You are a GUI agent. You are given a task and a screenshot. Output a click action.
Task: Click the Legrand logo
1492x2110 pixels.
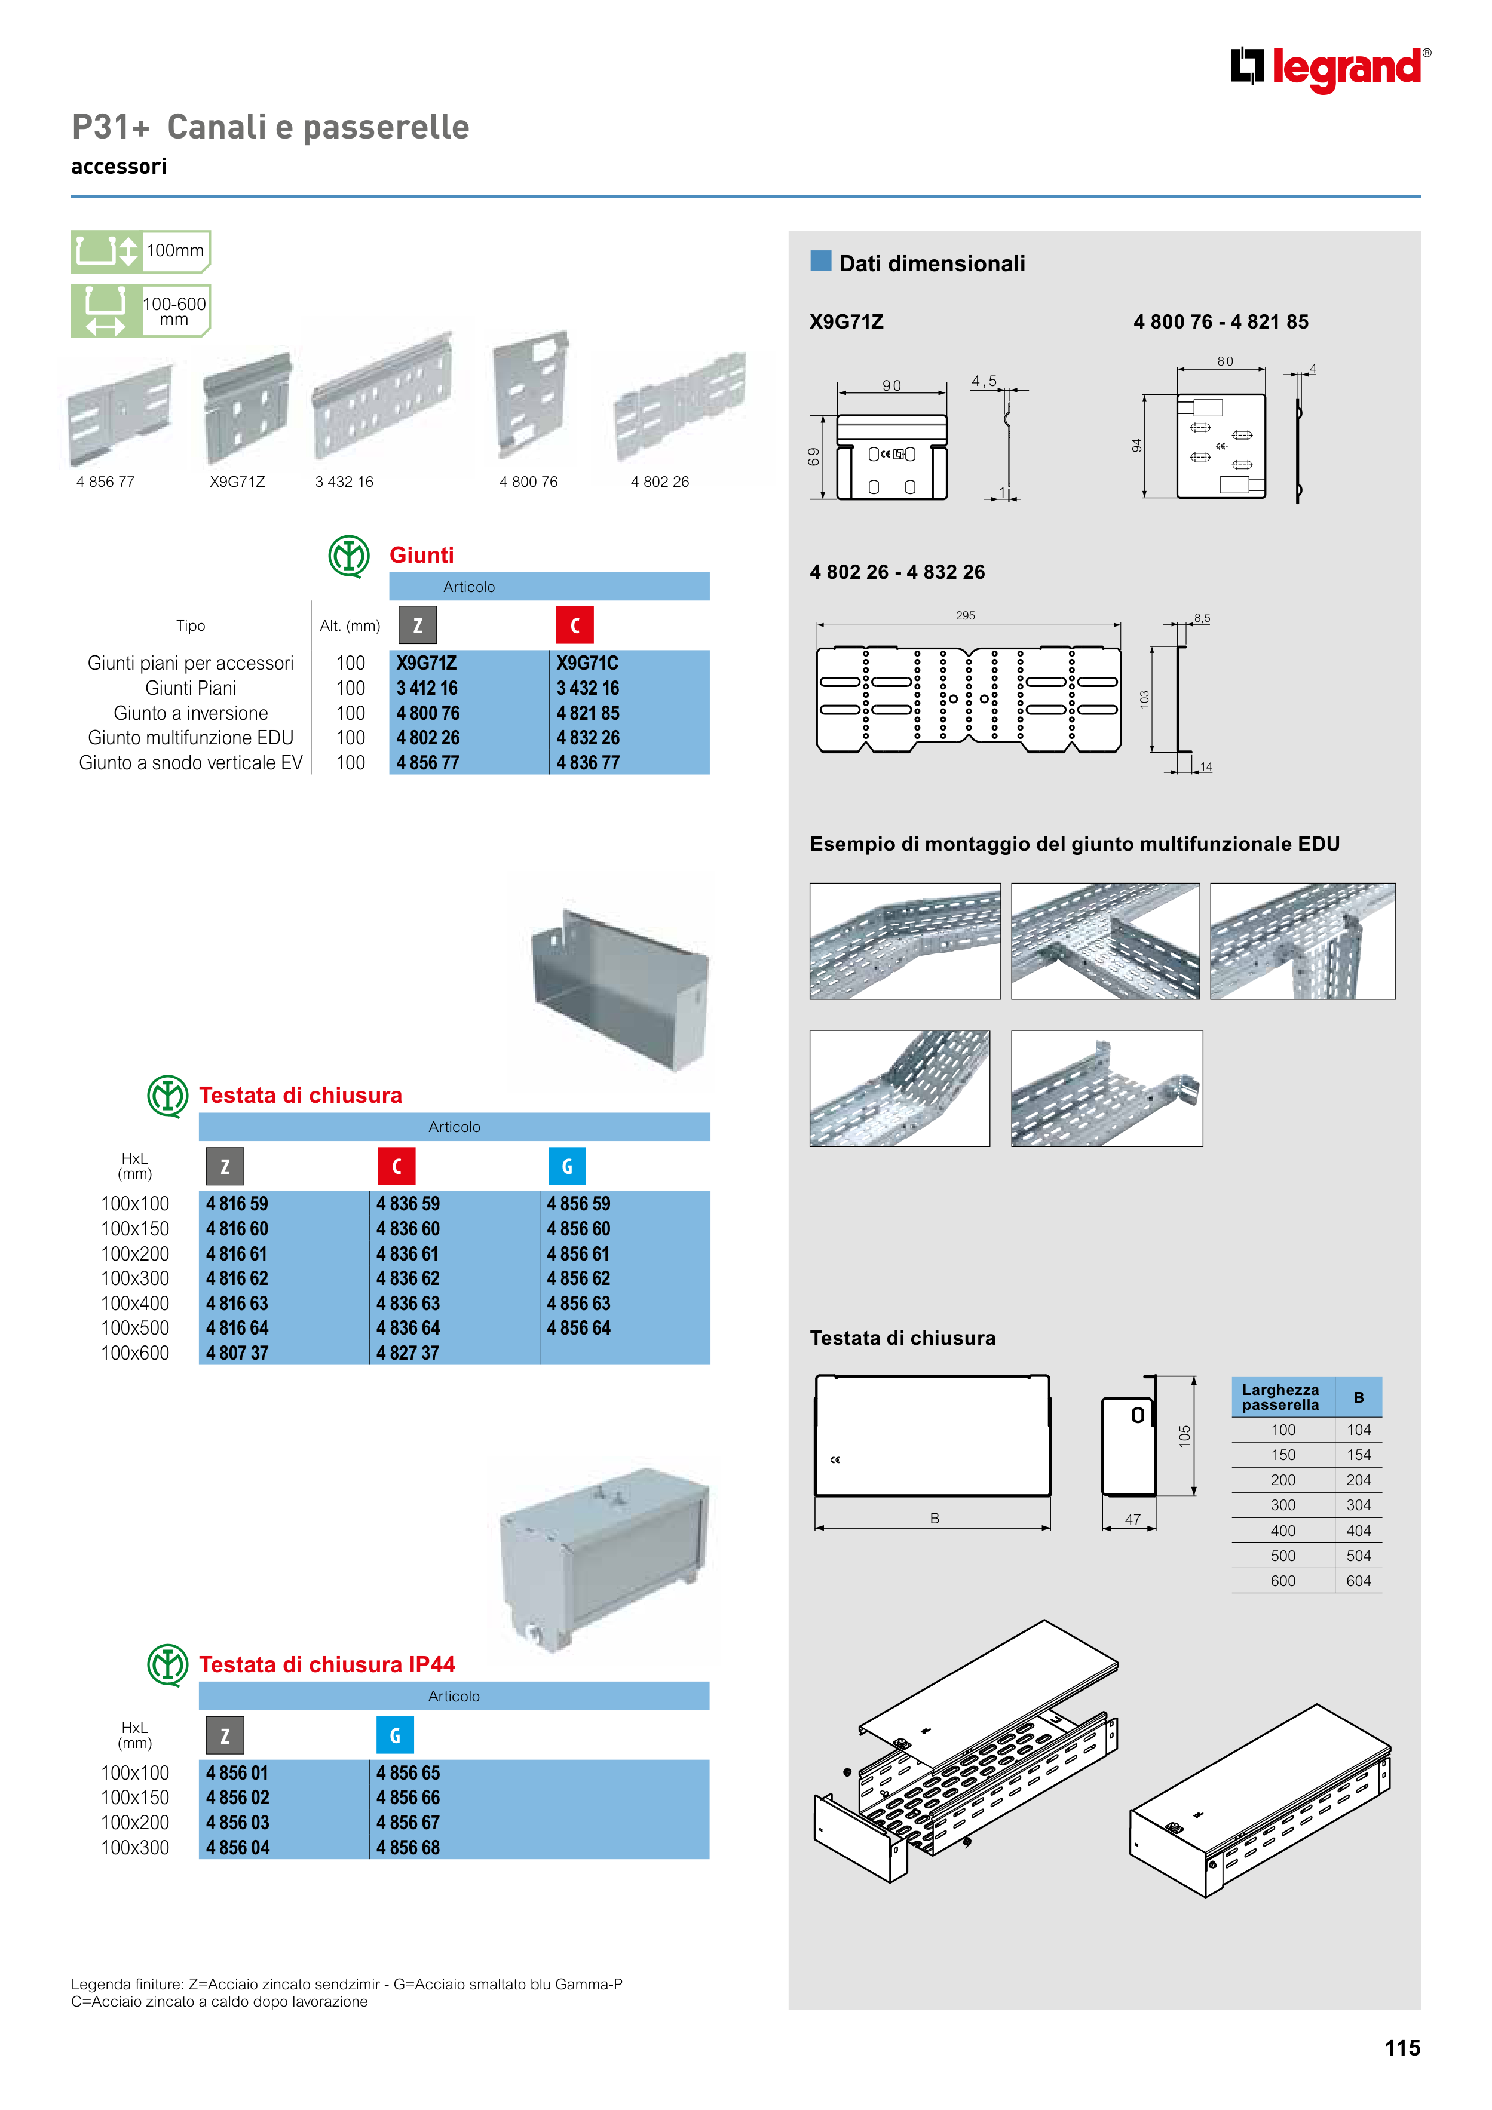pos(1329,69)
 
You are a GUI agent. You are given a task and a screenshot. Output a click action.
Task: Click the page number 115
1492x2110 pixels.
pos(1402,2047)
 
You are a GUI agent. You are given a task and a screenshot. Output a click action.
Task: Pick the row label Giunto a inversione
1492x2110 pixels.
pos(190,713)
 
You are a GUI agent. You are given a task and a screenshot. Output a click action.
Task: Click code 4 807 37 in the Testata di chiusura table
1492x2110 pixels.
pos(237,1353)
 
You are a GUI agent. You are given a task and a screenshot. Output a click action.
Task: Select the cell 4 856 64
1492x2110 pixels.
pos(578,1328)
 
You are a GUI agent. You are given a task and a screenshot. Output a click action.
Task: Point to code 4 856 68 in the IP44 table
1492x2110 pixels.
pos(408,1847)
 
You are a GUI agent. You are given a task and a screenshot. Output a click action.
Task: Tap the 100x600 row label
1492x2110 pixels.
pos(135,1353)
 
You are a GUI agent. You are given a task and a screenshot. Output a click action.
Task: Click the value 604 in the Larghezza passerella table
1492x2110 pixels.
pos(1358,1581)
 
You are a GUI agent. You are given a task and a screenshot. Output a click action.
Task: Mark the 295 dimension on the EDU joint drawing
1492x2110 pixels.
pos(965,616)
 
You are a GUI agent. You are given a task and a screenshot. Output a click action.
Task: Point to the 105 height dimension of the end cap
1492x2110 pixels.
pos(1184,1436)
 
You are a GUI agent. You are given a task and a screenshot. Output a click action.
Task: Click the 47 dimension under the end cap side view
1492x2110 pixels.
pos(1132,1519)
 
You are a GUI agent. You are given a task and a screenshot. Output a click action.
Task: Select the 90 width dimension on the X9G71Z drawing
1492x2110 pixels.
pos(891,386)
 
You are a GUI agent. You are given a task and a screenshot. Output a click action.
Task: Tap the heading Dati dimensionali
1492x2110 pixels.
pos(932,264)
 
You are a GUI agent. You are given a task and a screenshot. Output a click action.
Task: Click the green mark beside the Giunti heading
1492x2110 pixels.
pos(350,556)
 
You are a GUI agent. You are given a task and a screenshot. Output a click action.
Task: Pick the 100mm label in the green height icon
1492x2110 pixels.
pos(174,250)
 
